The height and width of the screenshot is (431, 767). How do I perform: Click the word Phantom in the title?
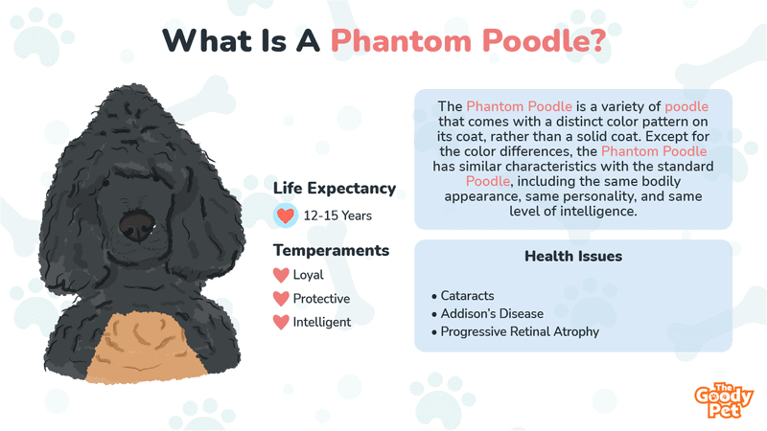[401, 40]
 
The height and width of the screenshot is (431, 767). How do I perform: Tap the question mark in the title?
[597, 40]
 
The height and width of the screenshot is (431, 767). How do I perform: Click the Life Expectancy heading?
[335, 188]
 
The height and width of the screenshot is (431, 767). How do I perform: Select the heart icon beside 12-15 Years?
[285, 215]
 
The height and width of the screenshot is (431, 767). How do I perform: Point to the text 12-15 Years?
[337, 215]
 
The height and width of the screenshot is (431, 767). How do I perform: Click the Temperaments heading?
[331, 250]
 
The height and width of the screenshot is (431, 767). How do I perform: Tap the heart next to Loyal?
[281, 275]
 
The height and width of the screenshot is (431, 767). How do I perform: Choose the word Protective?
[321, 299]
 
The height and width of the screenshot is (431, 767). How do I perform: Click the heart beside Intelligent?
[281, 323]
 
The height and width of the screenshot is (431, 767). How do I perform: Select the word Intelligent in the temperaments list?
[322, 322]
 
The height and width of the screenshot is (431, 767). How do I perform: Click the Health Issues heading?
[573, 256]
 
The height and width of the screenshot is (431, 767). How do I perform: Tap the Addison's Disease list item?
[488, 314]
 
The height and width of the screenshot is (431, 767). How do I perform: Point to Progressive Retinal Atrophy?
[516, 331]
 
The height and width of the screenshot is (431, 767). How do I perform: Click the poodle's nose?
[137, 225]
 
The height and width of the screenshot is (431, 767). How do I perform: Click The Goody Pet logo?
[724, 400]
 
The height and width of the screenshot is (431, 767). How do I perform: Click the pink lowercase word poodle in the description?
[686, 106]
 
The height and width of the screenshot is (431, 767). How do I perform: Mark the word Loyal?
[308, 275]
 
